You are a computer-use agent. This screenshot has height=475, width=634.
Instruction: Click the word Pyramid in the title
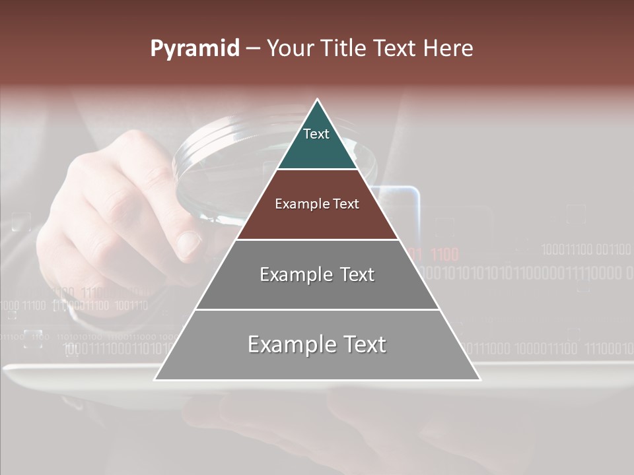(194, 49)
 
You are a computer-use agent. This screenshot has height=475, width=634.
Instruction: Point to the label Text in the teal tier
(316, 134)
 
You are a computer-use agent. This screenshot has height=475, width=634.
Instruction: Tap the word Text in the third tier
(353, 274)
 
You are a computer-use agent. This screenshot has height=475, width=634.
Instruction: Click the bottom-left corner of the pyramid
(155, 379)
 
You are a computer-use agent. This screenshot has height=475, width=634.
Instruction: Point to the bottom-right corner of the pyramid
(479, 379)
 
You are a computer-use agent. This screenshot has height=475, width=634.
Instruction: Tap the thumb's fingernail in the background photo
(189, 244)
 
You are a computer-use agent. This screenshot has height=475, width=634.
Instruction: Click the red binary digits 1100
(444, 255)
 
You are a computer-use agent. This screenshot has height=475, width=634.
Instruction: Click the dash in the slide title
(253, 49)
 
